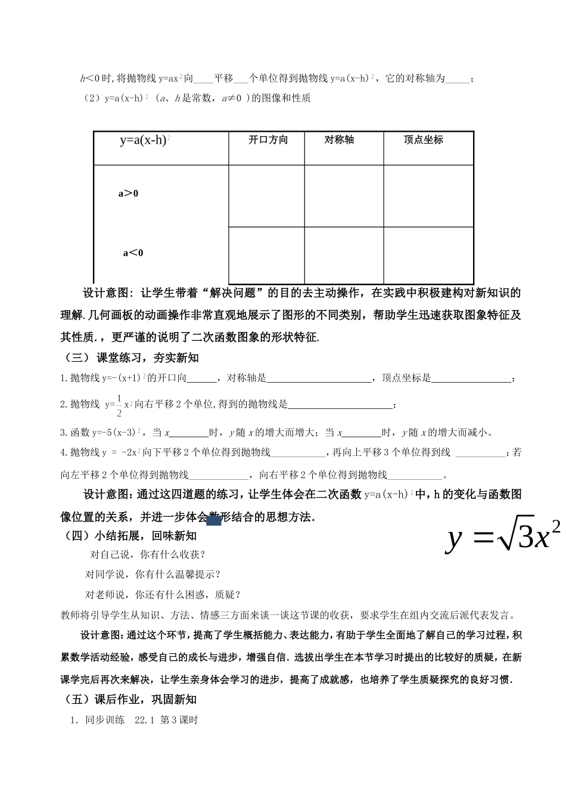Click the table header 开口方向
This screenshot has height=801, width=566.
coord(268,139)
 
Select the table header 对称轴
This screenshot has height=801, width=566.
coord(339,139)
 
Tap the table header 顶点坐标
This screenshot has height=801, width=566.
coord(423,139)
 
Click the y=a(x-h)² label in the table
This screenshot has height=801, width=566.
coord(145,141)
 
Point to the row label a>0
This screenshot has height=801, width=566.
coord(128,193)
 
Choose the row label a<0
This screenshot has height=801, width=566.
coord(133,253)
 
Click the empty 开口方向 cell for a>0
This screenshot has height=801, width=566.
coord(266,195)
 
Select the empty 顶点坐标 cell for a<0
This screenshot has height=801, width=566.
coord(428,255)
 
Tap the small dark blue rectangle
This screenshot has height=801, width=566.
coord(214,520)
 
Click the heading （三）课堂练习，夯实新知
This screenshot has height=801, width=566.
coord(130,358)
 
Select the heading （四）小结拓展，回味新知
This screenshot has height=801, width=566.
coord(129,535)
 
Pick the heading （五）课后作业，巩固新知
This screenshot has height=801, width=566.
coord(129,699)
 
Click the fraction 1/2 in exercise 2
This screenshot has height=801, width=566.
coord(119,405)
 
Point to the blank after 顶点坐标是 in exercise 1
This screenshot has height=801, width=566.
coord(471,378)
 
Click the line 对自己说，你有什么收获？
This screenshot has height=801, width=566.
coord(148,554)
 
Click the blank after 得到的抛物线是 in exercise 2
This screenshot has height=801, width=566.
coord(340,405)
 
